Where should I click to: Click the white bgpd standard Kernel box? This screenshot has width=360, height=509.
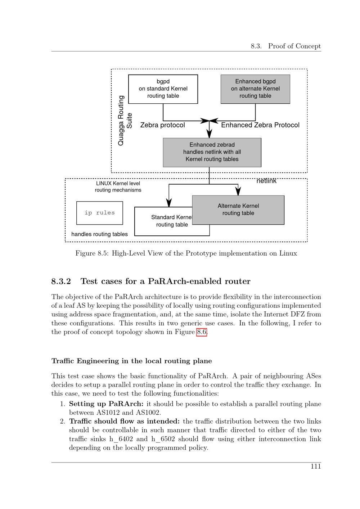tap(163, 89)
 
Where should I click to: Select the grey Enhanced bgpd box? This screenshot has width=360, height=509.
tap(255, 89)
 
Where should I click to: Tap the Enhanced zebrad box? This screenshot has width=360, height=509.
tap(212, 152)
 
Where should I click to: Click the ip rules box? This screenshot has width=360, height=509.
tap(100, 213)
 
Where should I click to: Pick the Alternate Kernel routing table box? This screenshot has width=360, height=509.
tap(238, 210)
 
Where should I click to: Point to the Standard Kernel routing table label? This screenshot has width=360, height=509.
tap(172, 221)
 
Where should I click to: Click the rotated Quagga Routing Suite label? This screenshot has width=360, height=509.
tap(125, 121)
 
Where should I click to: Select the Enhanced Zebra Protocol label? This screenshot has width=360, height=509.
tap(260, 125)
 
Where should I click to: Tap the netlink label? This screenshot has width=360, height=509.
tap(266, 181)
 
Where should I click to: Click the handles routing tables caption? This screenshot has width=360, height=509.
tap(99, 234)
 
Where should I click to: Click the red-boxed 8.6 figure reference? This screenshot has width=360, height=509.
tap(202, 332)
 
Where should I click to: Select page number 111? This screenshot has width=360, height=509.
tap(316, 467)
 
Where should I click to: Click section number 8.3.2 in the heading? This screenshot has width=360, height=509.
tap(61, 281)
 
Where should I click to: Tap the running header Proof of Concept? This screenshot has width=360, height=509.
tap(294, 46)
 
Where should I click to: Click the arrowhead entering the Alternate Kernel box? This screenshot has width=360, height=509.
tap(238, 192)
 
